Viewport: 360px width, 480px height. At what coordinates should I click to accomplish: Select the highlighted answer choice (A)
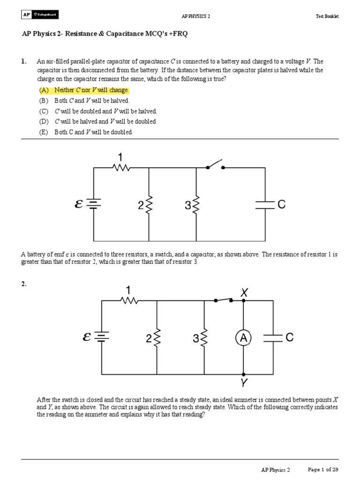click(x=84, y=90)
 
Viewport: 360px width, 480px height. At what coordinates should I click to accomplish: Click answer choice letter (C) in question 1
click(x=44, y=111)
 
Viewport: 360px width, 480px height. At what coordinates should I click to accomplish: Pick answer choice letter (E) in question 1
click(x=44, y=132)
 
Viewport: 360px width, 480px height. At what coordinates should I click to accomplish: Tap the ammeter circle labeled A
click(x=244, y=337)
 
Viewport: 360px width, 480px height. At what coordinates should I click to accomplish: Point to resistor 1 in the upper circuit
click(x=121, y=167)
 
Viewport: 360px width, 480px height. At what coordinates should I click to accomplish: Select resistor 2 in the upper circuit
click(x=149, y=204)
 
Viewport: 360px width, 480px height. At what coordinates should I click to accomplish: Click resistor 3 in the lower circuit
click(x=204, y=338)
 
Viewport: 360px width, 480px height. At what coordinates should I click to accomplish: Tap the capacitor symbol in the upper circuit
click(x=265, y=204)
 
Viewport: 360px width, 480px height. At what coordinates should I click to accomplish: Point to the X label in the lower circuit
click(x=244, y=292)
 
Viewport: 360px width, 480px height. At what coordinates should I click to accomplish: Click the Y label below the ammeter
click(x=244, y=383)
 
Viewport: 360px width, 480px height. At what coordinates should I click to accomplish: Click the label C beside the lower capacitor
click(x=289, y=337)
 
